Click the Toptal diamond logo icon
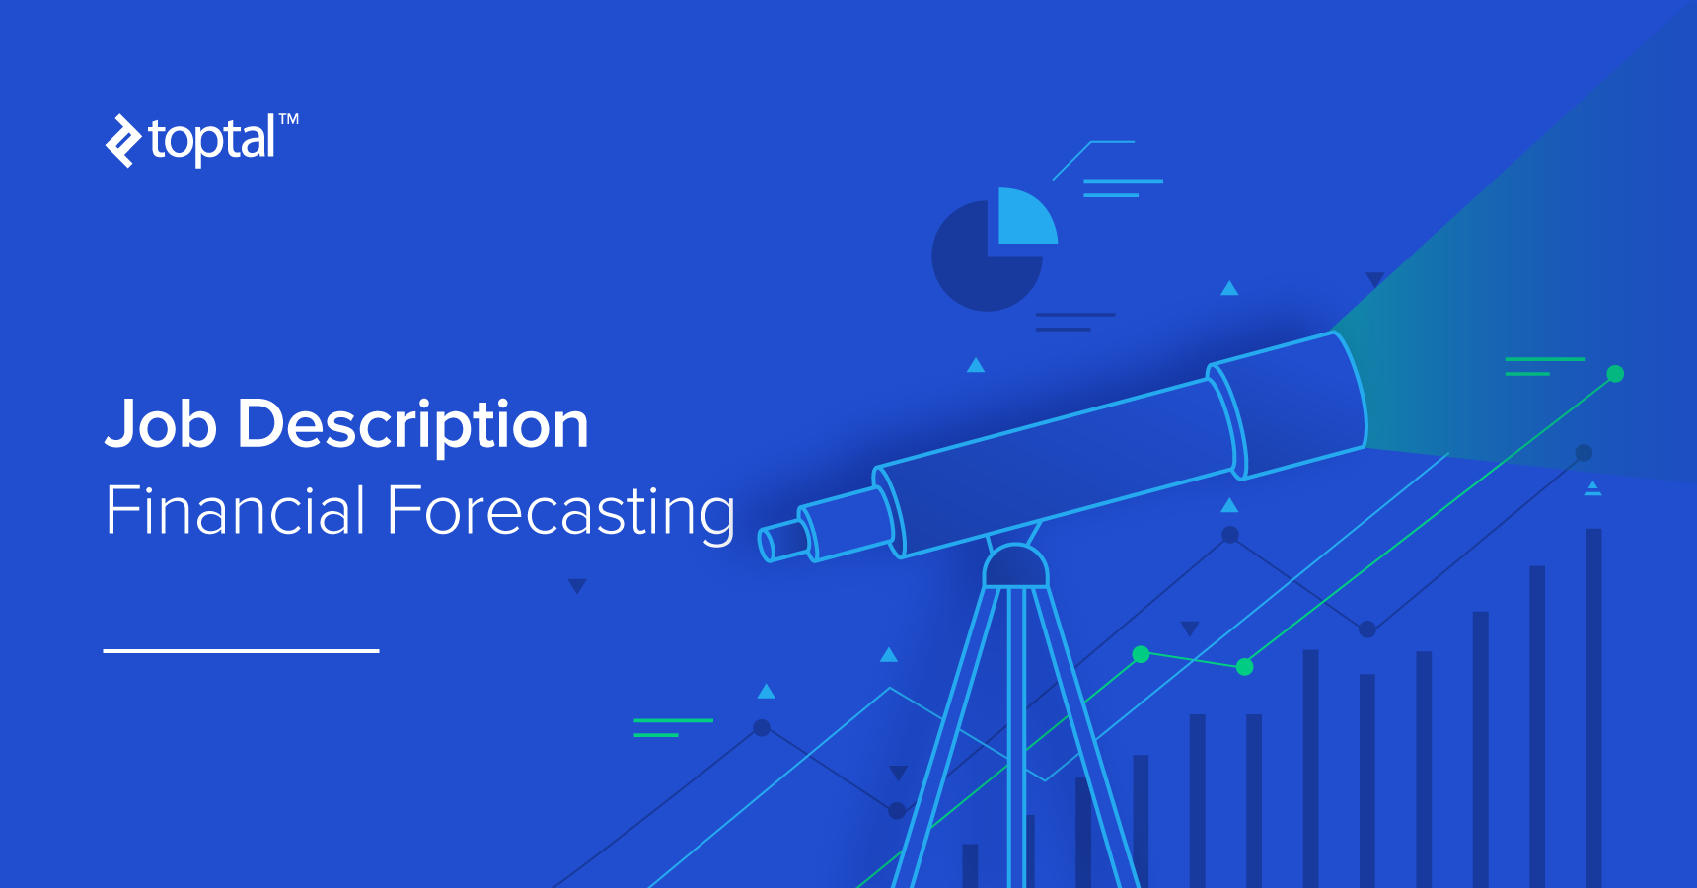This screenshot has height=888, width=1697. (x=123, y=141)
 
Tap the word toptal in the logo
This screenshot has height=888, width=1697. (x=212, y=140)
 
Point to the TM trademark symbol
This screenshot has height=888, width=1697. (x=288, y=119)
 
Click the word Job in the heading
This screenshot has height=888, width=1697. (x=161, y=425)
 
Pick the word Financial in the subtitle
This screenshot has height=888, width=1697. (x=236, y=511)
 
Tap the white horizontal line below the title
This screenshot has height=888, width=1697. (x=241, y=651)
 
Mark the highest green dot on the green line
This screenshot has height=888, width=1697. (x=1615, y=374)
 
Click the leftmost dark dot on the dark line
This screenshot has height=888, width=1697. (x=762, y=728)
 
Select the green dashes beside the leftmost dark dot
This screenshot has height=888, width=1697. (x=671, y=727)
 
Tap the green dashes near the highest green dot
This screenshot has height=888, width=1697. (x=1543, y=366)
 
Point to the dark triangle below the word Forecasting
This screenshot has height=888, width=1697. (x=577, y=586)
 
